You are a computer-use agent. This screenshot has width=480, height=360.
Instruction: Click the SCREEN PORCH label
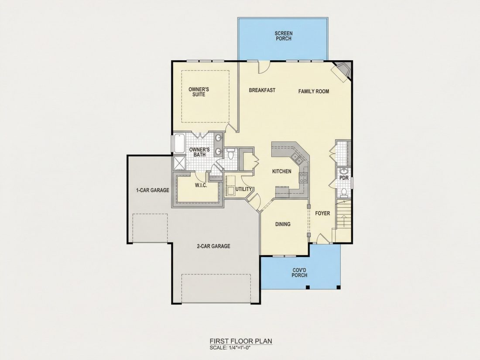[284, 36]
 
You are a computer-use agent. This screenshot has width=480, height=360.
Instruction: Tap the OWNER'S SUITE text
[199, 92]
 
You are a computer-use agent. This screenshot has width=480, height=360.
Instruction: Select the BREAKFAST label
[262, 90]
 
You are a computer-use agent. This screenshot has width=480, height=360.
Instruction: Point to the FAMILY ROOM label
[314, 91]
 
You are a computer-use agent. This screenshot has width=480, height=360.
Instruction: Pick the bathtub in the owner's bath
[178, 143]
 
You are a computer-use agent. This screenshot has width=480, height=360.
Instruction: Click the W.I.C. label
[201, 185]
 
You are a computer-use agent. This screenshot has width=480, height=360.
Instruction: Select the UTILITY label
[244, 189]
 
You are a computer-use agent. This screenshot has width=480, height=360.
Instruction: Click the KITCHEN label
[281, 171]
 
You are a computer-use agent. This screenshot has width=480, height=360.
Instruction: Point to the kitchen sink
[297, 158]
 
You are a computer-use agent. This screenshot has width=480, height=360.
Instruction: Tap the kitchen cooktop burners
[303, 178]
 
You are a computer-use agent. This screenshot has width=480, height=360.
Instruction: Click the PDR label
[344, 178]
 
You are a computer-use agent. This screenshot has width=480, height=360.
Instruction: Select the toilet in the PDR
[344, 192]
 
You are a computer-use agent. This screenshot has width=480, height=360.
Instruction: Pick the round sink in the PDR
[344, 171]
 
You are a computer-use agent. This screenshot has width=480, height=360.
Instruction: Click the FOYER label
[322, 213]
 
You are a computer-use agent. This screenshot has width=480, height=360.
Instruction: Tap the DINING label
[283, 224]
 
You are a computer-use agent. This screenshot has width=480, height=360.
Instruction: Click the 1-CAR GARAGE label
[152, 190]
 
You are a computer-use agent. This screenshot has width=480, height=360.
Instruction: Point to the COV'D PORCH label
[299, 273]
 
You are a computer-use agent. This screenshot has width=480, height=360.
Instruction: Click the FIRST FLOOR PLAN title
[240, 341]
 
